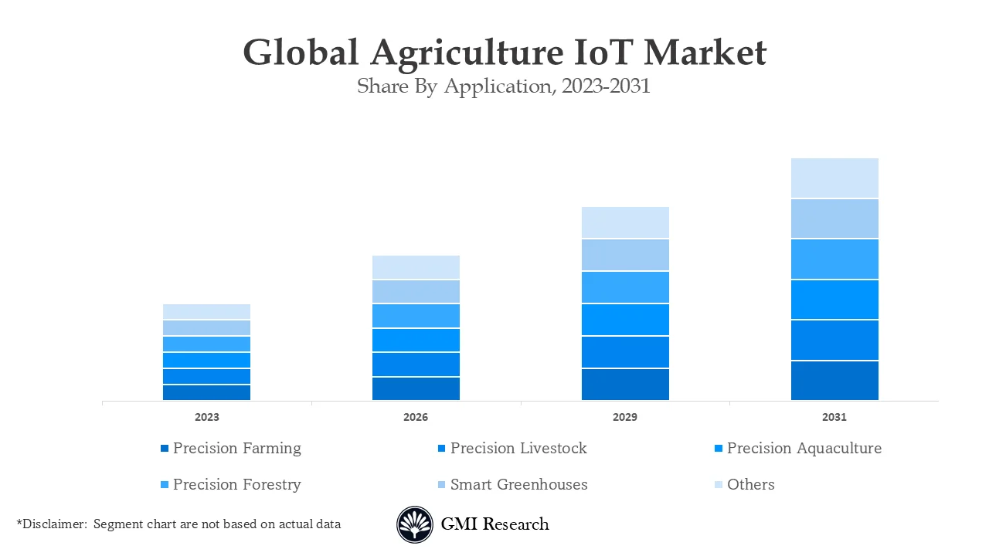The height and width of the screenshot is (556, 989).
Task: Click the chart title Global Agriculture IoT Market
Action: [x=505, y=53]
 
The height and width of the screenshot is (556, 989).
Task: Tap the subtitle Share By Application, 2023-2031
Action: [x=504, y=86]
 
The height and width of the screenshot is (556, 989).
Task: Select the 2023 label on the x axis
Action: [x=206, y=417]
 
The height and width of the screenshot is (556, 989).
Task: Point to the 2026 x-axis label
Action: [x=416, y=417]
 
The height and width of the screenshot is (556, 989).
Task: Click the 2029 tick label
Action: [x=625, y=417]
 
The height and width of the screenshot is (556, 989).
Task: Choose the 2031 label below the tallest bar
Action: [x=834, y=417]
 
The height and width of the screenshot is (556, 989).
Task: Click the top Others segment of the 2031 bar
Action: [x=834, y=178]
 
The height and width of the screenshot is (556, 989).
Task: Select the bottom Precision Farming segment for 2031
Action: [x=834, y=381]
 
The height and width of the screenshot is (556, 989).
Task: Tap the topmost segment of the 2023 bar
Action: [x=206, y=312]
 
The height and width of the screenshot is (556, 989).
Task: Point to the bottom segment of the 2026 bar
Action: [x=416, y=388]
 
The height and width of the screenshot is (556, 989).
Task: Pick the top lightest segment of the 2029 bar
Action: [x=625, y=222]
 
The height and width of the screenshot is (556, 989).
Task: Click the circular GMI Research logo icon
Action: [x=415, y=525]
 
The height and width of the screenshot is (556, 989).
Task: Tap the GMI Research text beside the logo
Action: [x=494, y=524]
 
